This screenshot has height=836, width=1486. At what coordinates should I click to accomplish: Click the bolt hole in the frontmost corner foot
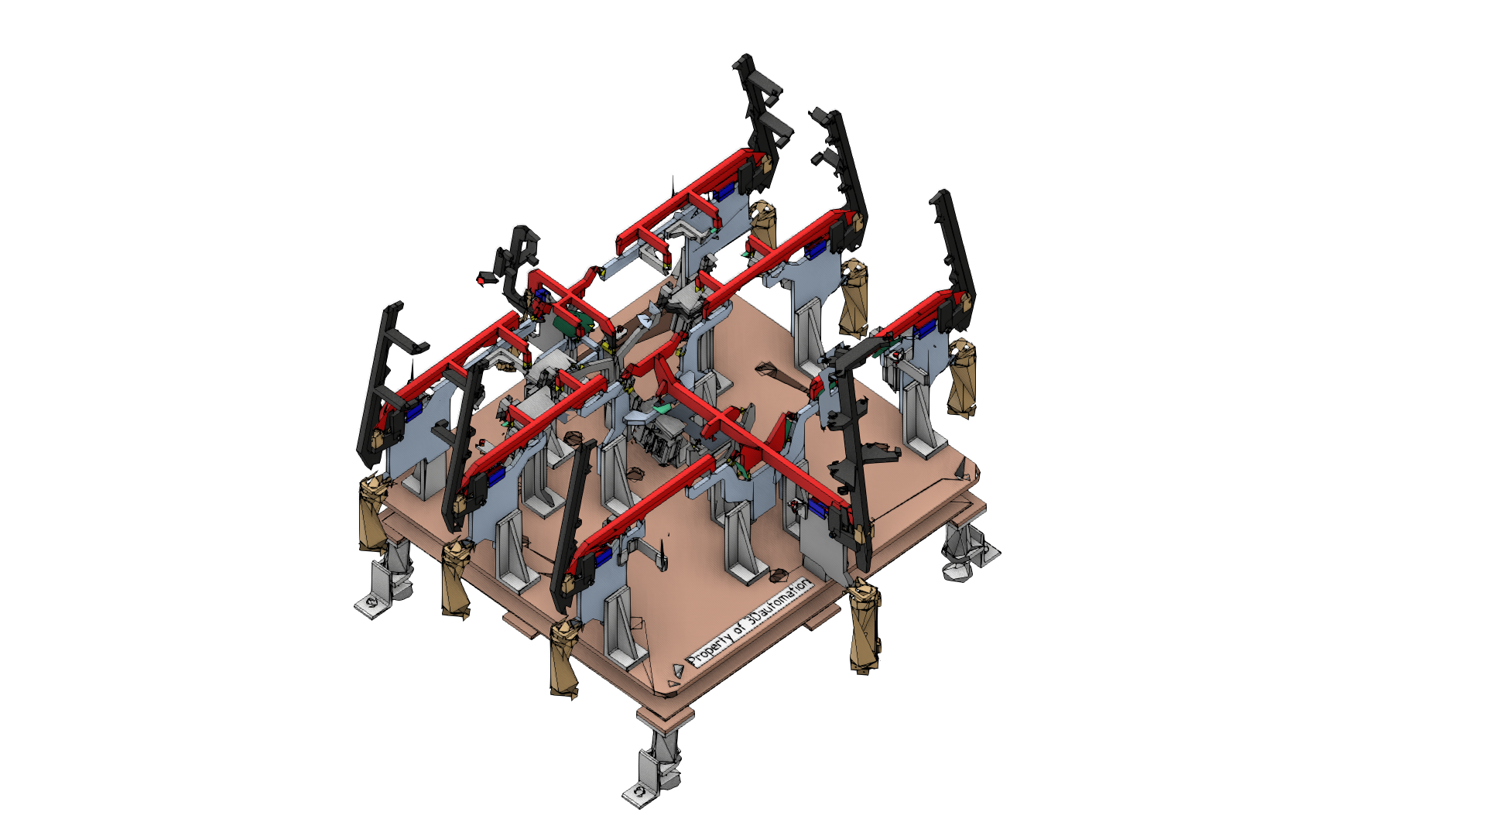(x=639, y=793)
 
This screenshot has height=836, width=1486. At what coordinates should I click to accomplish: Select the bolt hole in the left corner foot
(x=371, y=601)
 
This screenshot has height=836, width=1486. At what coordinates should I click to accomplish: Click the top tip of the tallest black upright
(x=745, y=57)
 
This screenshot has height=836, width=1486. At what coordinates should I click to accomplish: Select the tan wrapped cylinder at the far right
(x=962, y=379)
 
